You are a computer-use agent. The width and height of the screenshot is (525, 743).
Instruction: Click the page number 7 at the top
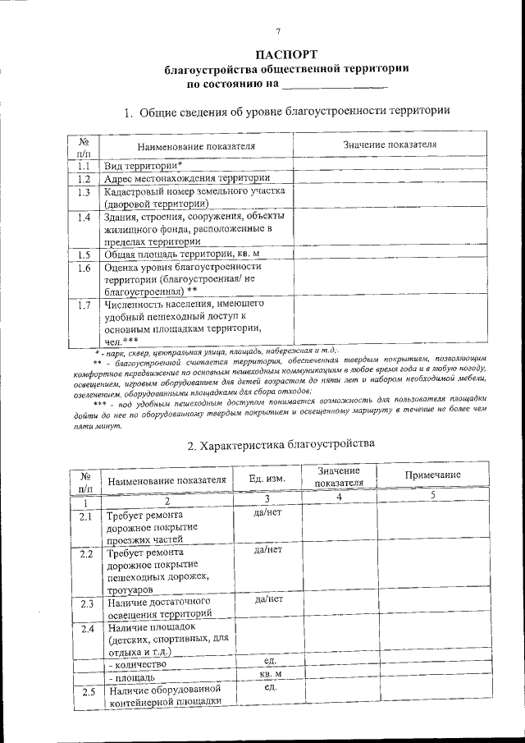coord(278,32)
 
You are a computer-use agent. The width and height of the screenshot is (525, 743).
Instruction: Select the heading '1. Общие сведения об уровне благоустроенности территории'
coord(286,112)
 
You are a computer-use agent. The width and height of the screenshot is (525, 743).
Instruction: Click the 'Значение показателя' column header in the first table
coord(388,144)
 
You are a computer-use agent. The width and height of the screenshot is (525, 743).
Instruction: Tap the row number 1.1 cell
coord(83,166)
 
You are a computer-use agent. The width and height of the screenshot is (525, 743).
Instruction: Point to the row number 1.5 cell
coord(83,255)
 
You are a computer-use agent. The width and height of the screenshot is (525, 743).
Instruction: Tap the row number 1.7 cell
coord(83,306)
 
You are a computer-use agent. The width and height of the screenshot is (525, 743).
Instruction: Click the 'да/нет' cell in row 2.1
coord(268,515)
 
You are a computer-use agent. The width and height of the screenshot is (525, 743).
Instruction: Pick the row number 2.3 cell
coord(87,604)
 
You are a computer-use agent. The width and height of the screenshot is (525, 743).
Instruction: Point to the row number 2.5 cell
coord(87,693)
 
